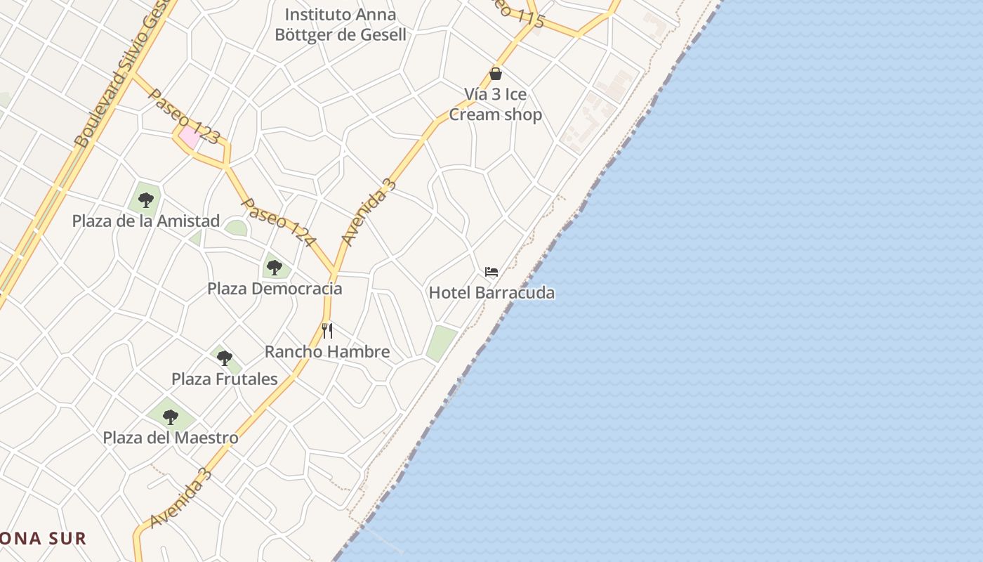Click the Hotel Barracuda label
point(491,292)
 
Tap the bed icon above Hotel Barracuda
point(491,272)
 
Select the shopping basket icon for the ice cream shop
point(496,74)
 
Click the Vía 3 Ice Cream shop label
point(496,105)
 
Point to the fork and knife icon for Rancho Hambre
point(327,330)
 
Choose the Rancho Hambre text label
point(327,351)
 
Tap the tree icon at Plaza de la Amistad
point(146,200)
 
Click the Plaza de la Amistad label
point(146,221)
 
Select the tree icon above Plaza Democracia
point(275,268)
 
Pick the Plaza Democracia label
point(275,288)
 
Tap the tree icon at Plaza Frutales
point(225,358)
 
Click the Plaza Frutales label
point(225,379)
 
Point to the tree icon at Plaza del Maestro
point(171,417)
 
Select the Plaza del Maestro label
point(171,438)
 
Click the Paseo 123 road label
point(184,116)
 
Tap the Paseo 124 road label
point(278,221)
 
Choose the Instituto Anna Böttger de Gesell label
point(345,25)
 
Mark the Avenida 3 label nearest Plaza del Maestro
point(181,498)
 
